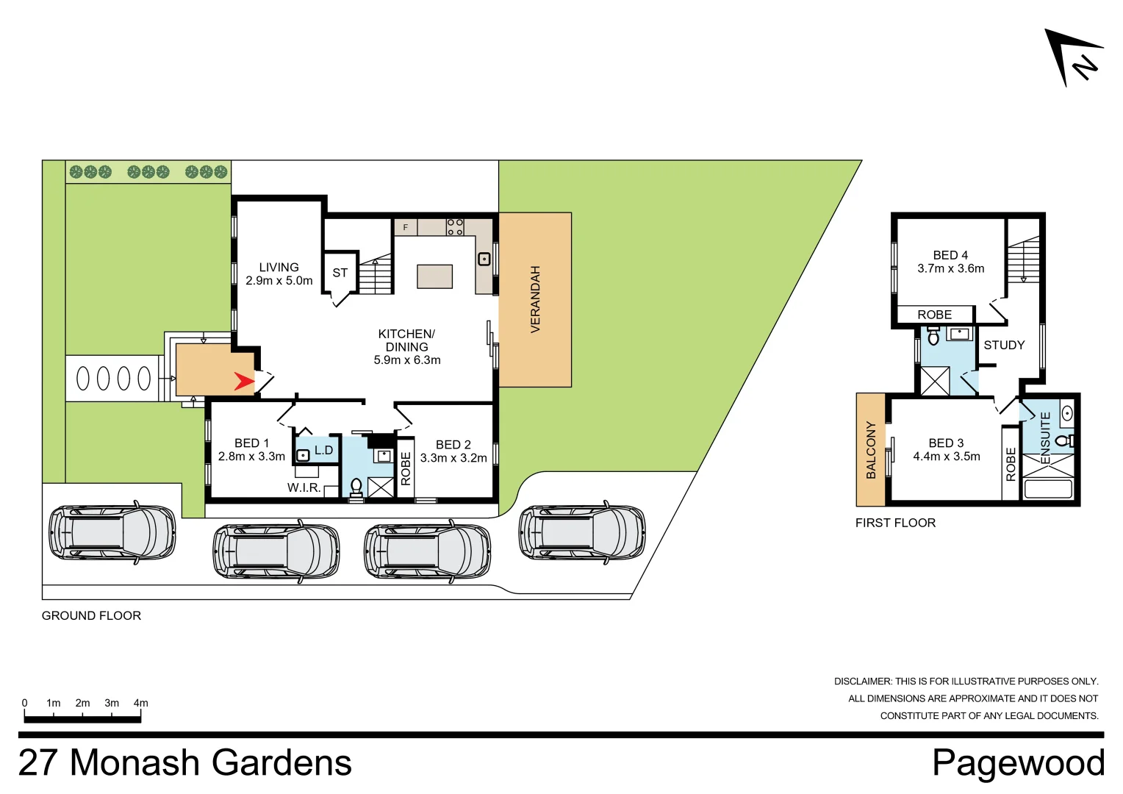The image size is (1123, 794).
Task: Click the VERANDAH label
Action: [535, 299]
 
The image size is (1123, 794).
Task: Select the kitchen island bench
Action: [434, 276]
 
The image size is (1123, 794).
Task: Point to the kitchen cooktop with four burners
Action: [455, 226]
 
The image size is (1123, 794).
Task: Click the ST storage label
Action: [340, 273]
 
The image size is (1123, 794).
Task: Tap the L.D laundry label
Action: [323, 450]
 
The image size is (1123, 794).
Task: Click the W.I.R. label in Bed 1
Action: [304, 487]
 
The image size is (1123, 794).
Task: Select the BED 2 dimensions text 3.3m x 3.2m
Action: [453, 458]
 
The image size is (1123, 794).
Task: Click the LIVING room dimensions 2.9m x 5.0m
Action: [279, 281]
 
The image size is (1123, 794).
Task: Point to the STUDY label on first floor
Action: [1004, 345]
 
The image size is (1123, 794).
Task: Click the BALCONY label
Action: [871, 450]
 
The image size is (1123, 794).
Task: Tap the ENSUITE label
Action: [1045, 432]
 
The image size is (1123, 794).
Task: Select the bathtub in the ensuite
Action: [1048, 488]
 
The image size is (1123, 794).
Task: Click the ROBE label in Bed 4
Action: [934, 315]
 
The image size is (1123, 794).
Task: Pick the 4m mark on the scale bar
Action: [140, 704]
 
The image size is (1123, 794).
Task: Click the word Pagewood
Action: [1018, 762]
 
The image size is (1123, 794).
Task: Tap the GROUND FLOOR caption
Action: [91, 615]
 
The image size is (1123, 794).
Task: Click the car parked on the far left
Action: [112, 532]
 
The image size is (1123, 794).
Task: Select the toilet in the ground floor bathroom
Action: [356, 487]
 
